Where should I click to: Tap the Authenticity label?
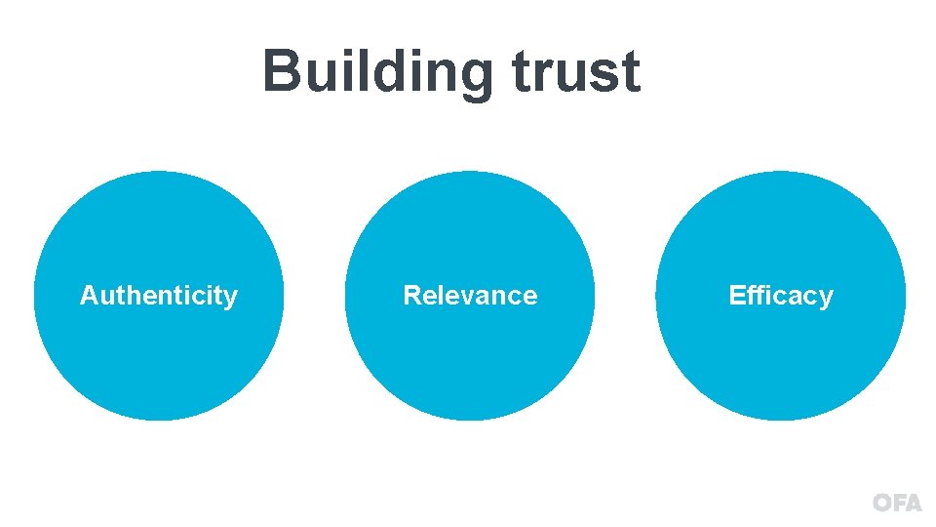(x=158, y=296)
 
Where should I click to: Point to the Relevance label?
(x=470, y=296)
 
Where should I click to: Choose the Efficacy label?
(x=781, y=296)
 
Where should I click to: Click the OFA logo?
(x=896, y=503)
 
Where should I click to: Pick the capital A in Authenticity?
(x=88, y=296)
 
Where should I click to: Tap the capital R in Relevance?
(x=411, y=296)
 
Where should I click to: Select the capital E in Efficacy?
(x=737, y=296)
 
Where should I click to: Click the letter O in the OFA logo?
(x=882, y=503)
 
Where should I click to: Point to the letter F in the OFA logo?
(x=898, y=503)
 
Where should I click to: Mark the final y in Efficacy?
(x=826, y=300)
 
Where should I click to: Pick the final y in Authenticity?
(x=231, y=300)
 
